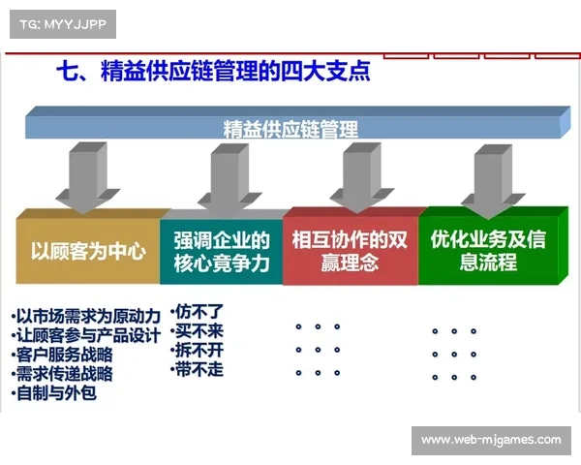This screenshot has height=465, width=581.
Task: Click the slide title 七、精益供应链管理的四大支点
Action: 214,73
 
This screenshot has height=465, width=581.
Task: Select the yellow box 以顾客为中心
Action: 88,251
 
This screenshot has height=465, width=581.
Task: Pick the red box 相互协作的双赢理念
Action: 350,251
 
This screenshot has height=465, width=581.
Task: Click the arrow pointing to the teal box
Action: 220,177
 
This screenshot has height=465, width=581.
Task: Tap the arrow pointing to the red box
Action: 352,177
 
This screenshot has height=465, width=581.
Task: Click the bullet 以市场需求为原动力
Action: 86,317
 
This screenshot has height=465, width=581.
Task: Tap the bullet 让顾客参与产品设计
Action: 86,335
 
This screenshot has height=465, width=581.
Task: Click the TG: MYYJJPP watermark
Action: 62,24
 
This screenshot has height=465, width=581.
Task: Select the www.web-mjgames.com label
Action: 491,441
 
